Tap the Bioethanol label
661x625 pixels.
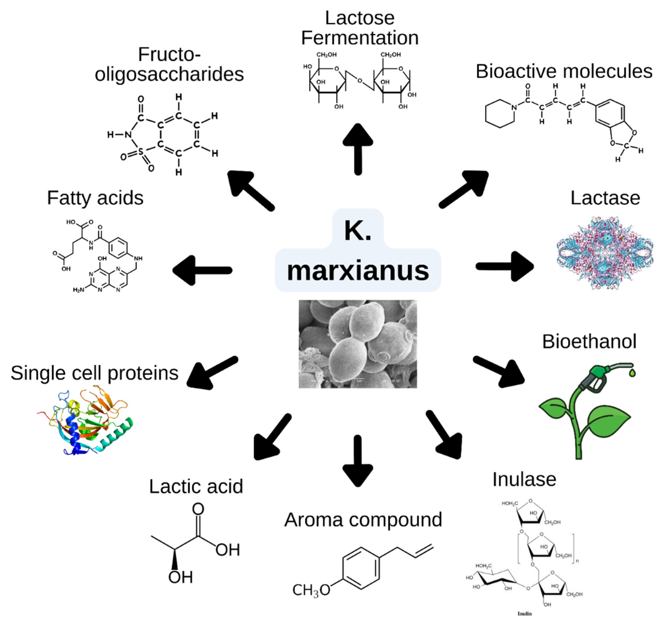click(x=589, y=341)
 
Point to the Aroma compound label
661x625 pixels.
click(x=363, y=520)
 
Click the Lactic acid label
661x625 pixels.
click(x=196, y=487)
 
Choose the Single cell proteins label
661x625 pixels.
click(x=94, y=373)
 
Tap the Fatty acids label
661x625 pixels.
click(x=95, y=198)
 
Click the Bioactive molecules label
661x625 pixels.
click(x=564, y=71)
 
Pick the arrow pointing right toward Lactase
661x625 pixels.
click(x=505, y=266)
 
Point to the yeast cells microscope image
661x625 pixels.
click(x=358, y=344)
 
